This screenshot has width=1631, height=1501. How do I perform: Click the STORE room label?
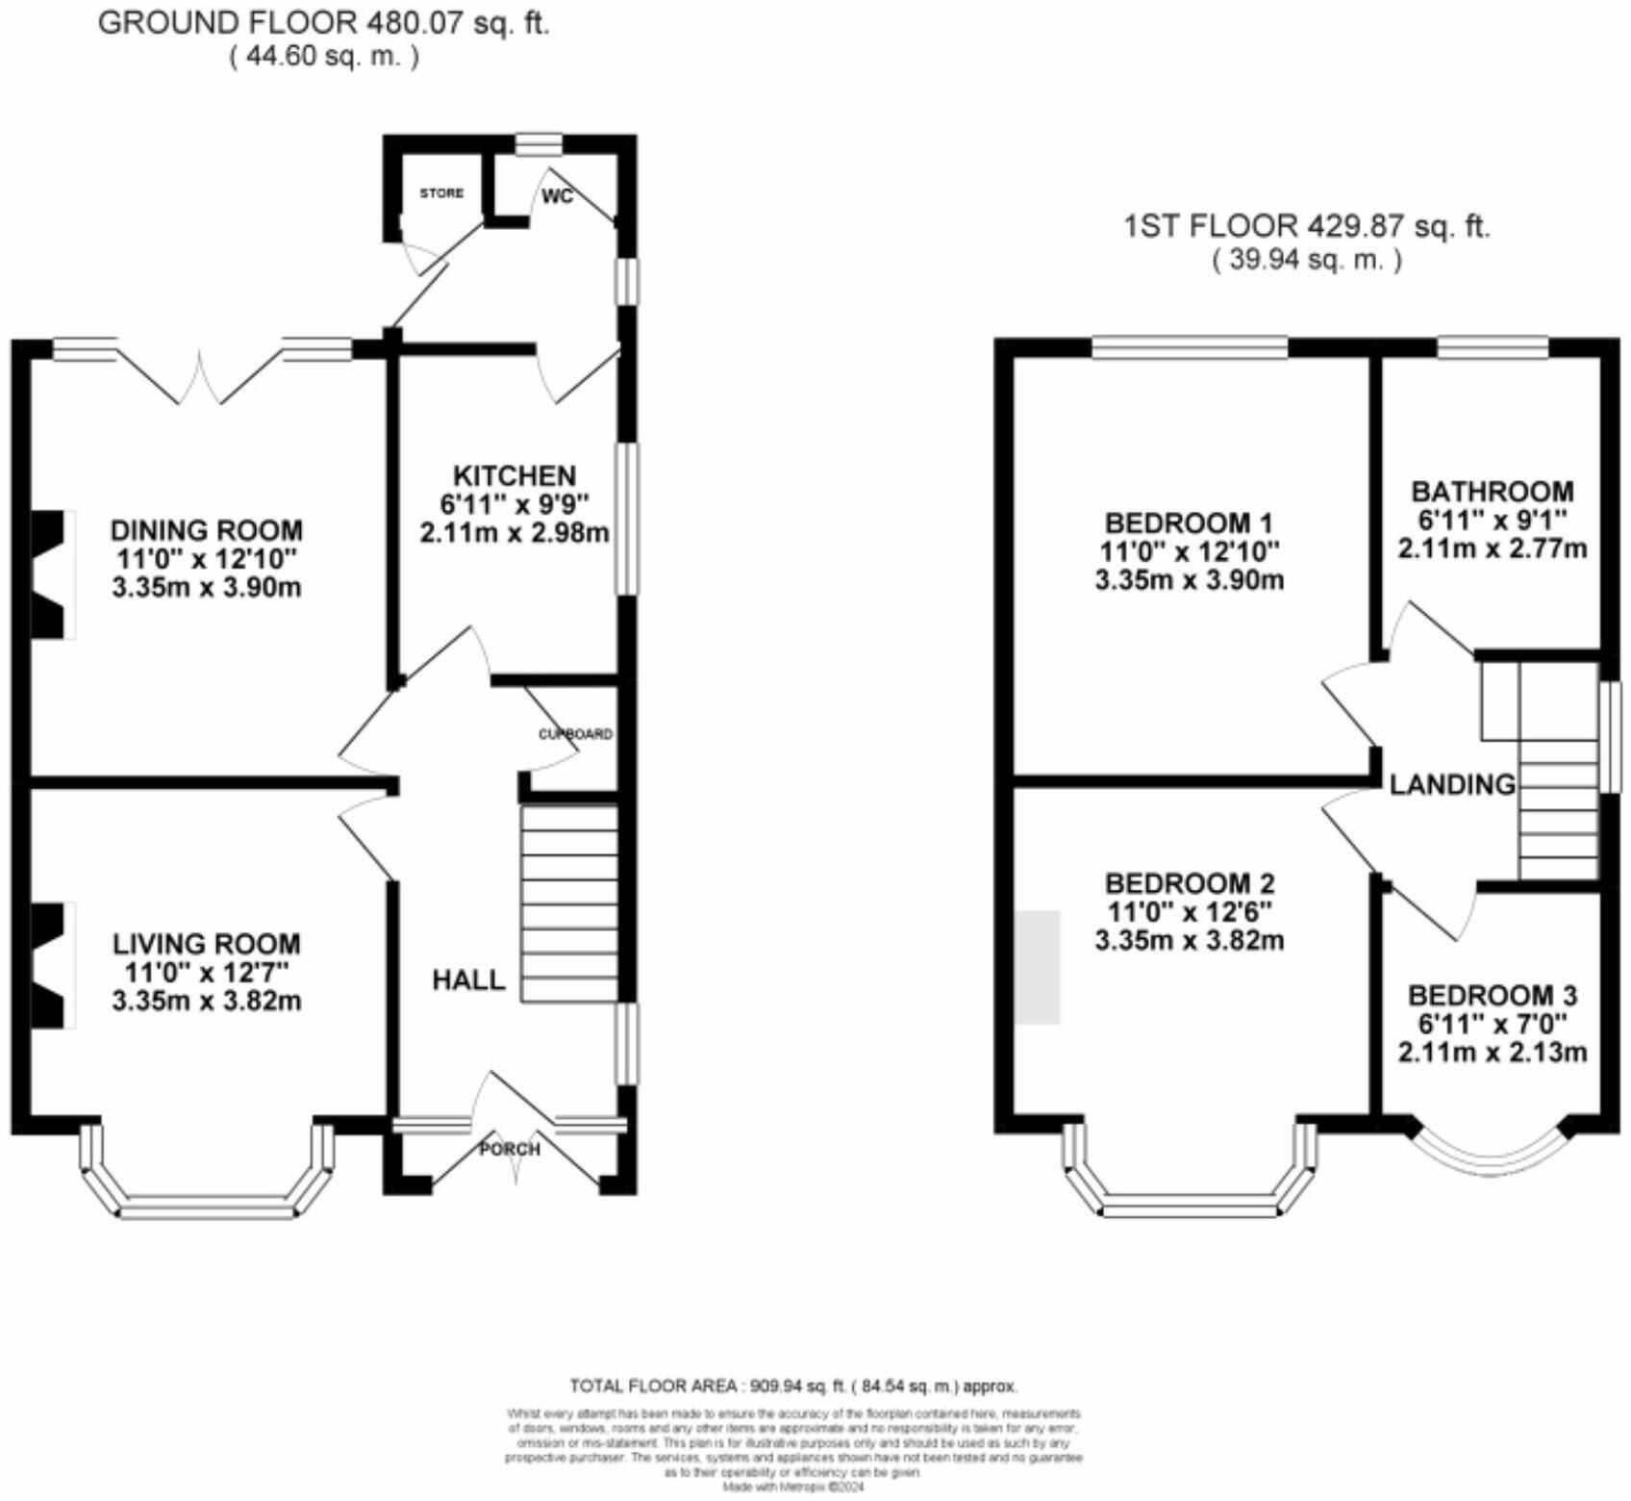pos(441,193)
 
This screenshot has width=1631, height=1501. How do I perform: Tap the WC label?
pos(558,196)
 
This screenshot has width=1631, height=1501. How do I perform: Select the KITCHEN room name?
pos(514,475)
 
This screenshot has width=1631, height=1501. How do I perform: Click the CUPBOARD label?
pos(575,734)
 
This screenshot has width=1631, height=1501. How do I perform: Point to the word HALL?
pos(468,980)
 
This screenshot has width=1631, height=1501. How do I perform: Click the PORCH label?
pos(510,1149)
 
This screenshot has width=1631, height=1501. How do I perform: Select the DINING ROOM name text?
pos(207,530)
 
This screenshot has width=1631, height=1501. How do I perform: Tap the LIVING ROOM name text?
pos(207,944)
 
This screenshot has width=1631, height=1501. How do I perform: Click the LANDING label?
pos(1452,785)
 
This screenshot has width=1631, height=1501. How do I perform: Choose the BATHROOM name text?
pos(1493,492)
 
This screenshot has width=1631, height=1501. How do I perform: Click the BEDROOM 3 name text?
pos(1493,995)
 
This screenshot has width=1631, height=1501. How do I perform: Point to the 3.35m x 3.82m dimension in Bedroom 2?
pos(1190,940)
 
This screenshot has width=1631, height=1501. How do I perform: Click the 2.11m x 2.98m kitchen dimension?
pos(514,532)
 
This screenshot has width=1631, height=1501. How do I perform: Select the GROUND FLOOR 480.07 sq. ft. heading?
pos(324,23)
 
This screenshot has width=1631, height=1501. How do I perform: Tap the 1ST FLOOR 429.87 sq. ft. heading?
pos(1307,227)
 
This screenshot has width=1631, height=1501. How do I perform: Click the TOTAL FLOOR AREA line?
pos(793,1387)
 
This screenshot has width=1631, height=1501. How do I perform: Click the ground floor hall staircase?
pos(569,904)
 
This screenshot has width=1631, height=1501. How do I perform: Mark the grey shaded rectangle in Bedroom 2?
pos(1037,967)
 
